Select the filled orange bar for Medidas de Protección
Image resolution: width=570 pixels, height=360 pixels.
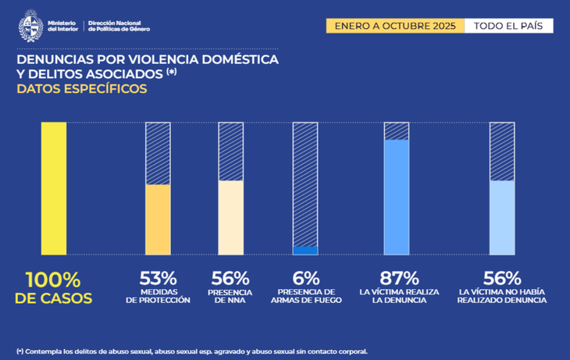159,219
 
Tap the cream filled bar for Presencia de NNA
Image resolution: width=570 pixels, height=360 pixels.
230,217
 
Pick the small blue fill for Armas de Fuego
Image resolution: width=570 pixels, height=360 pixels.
305,250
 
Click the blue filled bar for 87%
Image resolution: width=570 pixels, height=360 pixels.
397,197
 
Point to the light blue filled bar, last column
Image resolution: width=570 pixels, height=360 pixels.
501,217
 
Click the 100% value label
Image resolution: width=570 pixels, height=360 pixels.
53,280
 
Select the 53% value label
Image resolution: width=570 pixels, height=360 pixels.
159,277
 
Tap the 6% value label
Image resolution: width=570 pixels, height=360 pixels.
305,277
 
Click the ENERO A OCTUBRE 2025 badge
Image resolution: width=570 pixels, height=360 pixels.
395,26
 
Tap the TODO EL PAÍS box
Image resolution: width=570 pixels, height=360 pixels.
508,26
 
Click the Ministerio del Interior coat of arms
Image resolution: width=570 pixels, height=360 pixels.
30,25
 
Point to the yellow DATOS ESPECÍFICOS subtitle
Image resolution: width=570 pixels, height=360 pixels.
82,89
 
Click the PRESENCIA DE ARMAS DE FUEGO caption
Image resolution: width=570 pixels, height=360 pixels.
305,296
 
